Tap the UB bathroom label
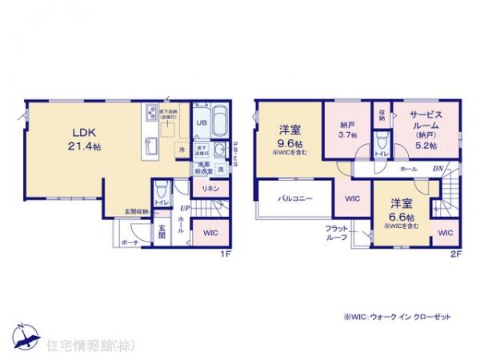click(x=203, y=122)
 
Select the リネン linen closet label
click(x=210, y=189)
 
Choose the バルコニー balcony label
click(x=295, y=197)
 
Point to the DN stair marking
click(x=438, y=168)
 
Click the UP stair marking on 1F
click(x=184, y=208)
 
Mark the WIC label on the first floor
click(x=210, y=234)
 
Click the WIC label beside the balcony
click(x=353, y=199)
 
